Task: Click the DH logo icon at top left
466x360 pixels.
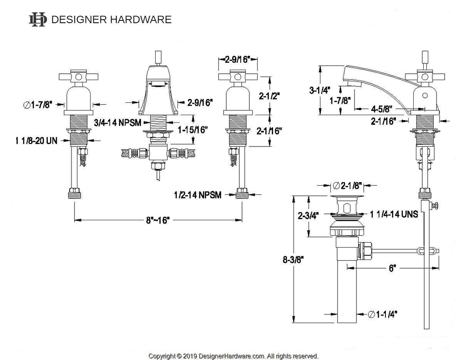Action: [37, 20]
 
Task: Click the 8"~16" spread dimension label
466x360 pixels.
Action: [158, 220]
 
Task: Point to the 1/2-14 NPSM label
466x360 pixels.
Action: [197, 195]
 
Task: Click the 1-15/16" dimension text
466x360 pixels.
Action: [192, 130]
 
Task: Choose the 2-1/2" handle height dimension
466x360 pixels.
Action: [269, 96]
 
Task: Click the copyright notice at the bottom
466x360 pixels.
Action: [233, 356]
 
